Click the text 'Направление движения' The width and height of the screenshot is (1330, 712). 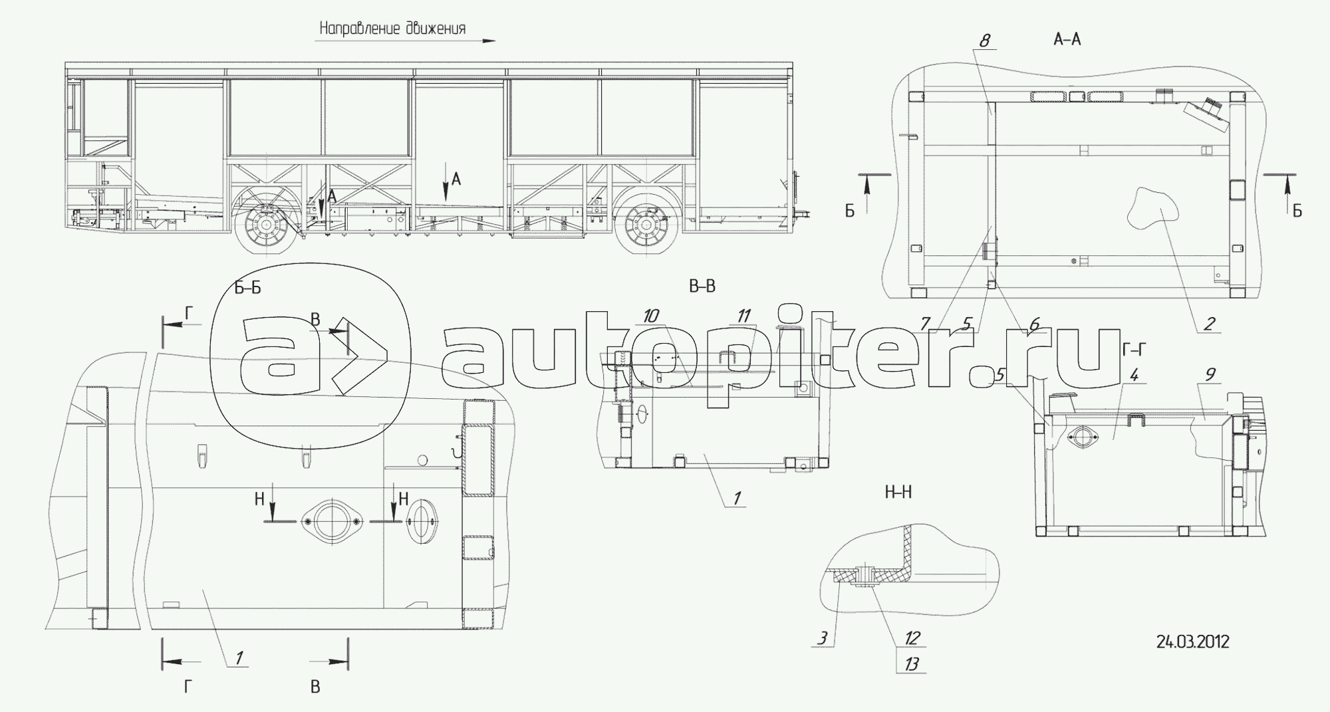tap(392, 29)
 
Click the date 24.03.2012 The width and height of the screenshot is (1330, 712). tap(1193, 642)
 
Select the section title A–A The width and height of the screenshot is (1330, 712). tap(1067, 40)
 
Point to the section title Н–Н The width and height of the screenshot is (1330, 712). tap(898, 493)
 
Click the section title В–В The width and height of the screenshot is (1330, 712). tap(702, 287)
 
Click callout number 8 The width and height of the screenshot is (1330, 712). tap(984, 41)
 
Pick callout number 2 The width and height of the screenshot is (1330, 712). tap(1209, 324)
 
